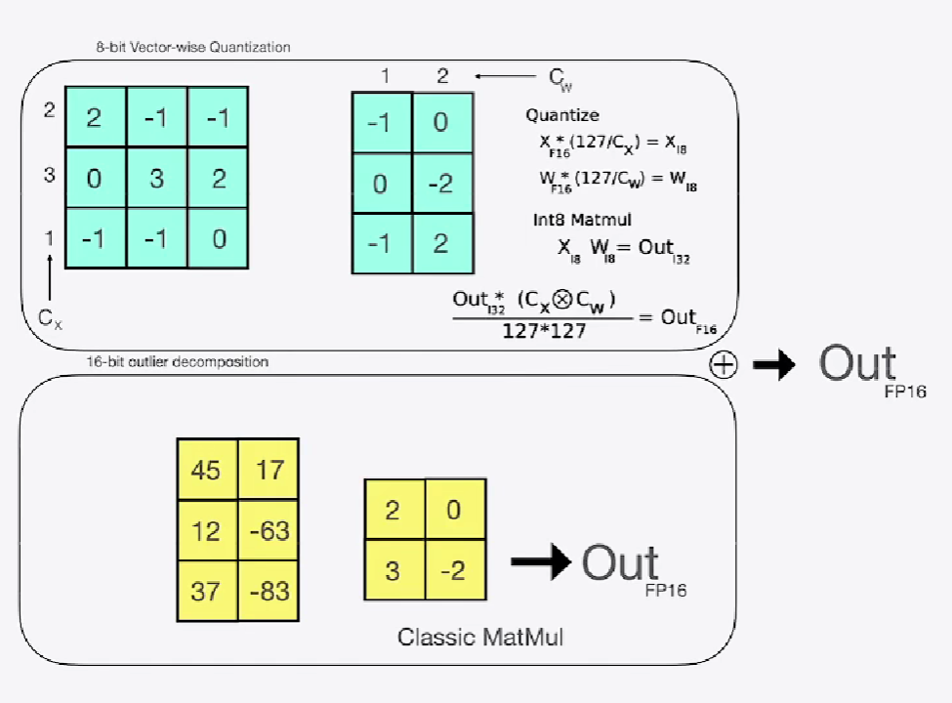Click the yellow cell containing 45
206,470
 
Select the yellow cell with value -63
268,531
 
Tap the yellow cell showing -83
268,591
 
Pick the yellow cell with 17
268,470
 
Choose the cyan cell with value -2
441,183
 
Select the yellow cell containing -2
455,569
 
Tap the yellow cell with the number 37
206,591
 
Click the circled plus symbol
724,364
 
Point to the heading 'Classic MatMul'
479,638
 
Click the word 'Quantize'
562,115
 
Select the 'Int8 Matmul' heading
568,220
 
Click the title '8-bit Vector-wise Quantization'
186,47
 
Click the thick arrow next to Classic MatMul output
541,561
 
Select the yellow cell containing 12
206,531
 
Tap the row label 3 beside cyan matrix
49,177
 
